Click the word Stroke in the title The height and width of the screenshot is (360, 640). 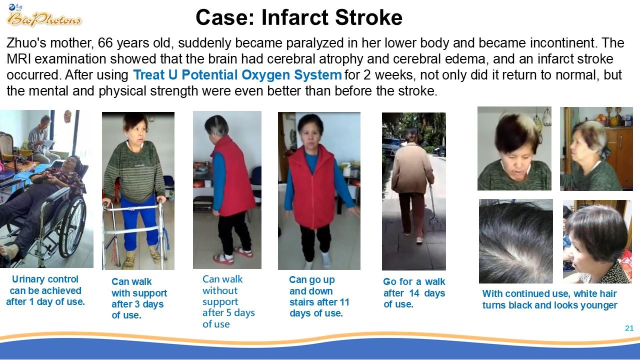click(368, 17)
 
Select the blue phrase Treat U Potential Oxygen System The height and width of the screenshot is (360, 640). click(237, 75)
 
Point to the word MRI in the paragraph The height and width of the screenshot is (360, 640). click(19, 59)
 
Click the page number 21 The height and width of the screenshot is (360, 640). click(629, 328)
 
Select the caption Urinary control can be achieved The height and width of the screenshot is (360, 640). click(45, 290)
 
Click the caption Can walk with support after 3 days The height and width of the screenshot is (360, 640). click(139, 298)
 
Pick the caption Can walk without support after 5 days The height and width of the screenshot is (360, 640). click(228, 301)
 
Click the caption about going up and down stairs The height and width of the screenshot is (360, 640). click(319, 296)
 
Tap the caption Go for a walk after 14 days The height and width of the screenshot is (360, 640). click(414, 293)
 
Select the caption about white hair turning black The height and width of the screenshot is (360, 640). click(549, 299)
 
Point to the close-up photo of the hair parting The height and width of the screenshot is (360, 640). click(515, 241)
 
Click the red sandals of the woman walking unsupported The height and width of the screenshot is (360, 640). click(233, 255)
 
